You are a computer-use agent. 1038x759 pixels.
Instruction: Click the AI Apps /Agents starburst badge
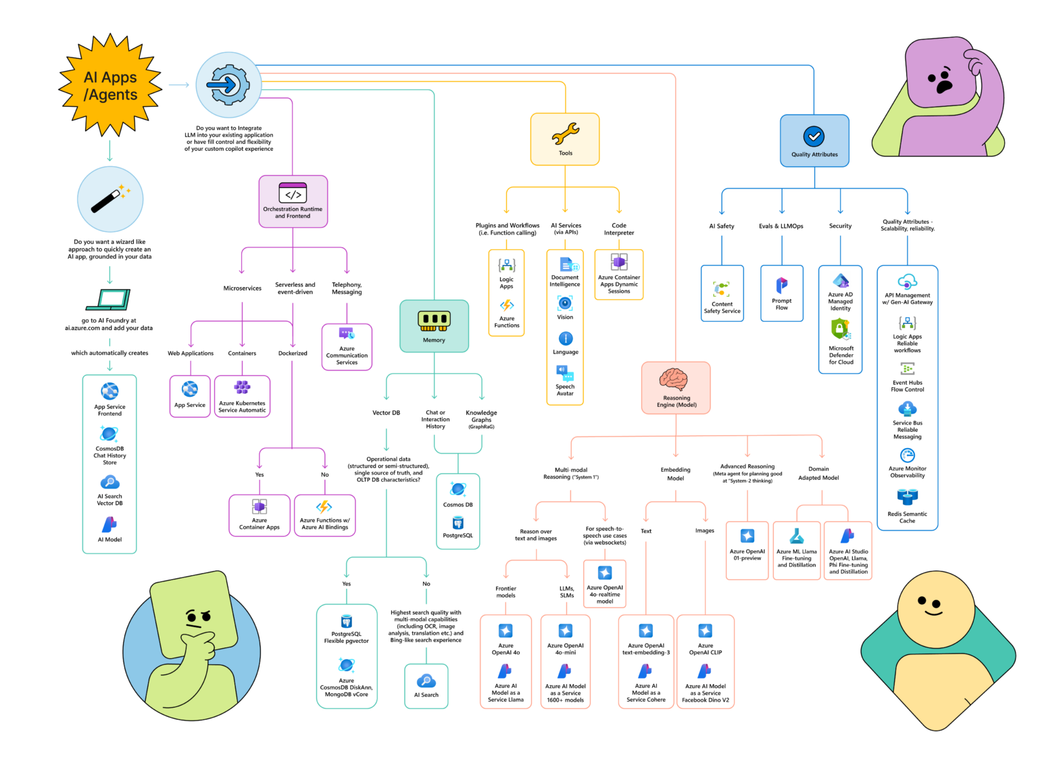pos(110,86)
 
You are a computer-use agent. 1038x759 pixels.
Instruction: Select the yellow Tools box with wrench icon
pos(565,139)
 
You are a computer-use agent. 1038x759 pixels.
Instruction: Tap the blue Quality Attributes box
pos(814,141)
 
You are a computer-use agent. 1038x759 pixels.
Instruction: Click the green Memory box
pos(434,326)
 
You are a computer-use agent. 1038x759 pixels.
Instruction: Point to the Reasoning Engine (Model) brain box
pos(676,387)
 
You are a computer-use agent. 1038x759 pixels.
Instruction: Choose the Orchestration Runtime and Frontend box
pos(293,201)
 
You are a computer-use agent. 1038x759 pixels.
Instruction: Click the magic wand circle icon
pos(110,199)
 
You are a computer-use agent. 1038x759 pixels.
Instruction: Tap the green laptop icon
pos(109,299)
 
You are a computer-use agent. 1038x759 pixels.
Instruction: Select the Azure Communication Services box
pos(347,347)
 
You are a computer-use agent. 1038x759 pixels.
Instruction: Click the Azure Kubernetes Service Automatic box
pos(242,396)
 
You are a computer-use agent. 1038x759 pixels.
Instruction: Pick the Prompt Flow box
pos(782,293)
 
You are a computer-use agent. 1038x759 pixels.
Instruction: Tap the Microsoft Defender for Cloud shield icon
pos(840,328)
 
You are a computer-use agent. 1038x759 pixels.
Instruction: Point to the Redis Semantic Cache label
pos(907,518)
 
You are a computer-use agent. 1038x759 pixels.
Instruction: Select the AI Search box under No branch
pos(426,686)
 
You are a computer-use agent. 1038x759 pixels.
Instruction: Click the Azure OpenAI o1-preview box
pos(747,550)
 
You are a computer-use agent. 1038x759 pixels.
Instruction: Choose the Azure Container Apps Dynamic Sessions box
pos(618,274)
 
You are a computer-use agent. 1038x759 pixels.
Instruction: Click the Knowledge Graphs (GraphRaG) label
pos(481,419)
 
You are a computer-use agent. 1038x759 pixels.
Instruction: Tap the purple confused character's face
pos(940,81)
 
